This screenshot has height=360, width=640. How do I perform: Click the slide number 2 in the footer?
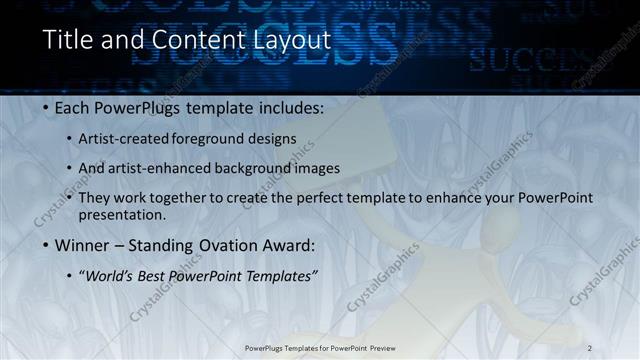[590, 347]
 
